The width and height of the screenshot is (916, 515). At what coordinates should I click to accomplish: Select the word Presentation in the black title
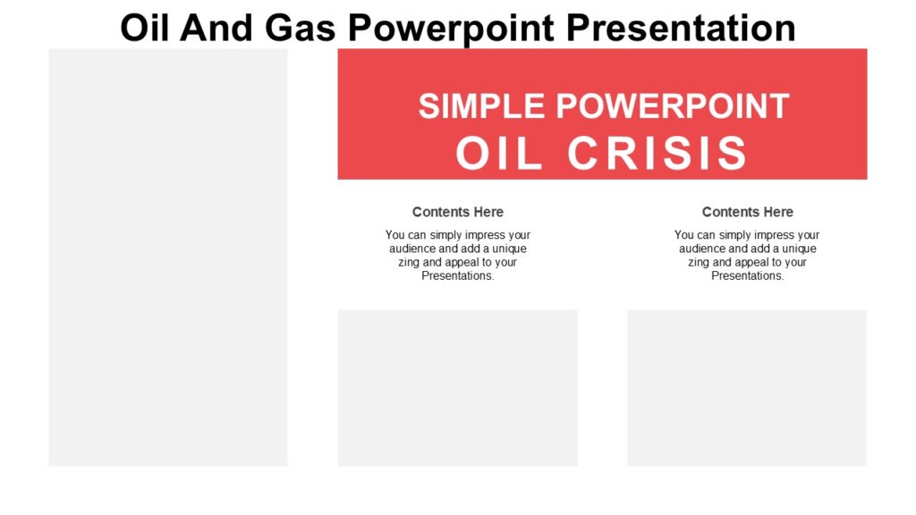pyautogui.click(x=682, y=28)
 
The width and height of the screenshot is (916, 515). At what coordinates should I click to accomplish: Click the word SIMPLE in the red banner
pyautogui.click(x=481, y=106)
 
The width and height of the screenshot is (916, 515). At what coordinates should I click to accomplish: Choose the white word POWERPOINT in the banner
pyautogui.click(x=673, y=106)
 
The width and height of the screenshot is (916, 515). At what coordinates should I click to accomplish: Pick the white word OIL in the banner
pyautogui.click(x=501, y=154)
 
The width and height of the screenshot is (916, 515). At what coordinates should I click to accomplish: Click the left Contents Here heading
pyautogui.click(x=457, y=212)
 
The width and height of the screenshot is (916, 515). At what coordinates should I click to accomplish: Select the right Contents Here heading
pyautogui.click(x=747, y=212)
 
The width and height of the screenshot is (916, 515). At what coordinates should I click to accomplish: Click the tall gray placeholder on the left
pyautogui.click(x=168, y=257)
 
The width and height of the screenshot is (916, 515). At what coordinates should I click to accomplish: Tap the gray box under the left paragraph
pyautogui.click(x=457, y=387)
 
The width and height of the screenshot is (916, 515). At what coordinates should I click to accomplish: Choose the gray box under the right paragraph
pyautogui.click(x=747, y=387)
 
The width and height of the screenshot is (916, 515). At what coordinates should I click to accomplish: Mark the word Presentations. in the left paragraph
pyautogui.click(x=457, y=276)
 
